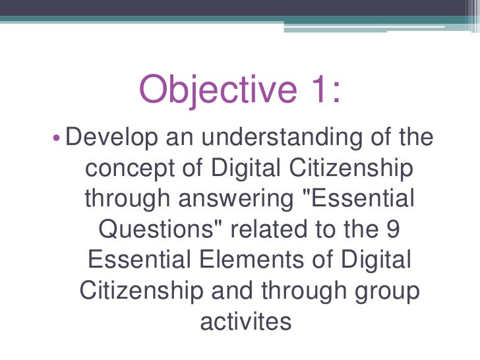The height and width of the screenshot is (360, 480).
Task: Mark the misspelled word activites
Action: (244, 321)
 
